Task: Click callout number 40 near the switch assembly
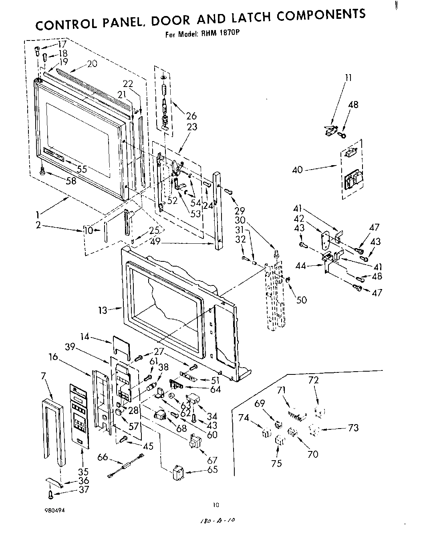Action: pos(298,170)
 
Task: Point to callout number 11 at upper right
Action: pos(348,78)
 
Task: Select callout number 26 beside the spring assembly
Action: pos(191,116)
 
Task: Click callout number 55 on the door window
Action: pos(82,169)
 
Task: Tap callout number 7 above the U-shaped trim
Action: pos(43,376)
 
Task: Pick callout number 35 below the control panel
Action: pos(83,471)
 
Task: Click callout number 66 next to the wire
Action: pos(103,457)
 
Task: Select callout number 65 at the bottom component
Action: pos(213,469)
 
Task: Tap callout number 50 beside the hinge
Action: pos(301,299)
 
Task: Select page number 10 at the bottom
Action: pos(216,505)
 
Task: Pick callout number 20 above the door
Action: pos(92,63)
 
